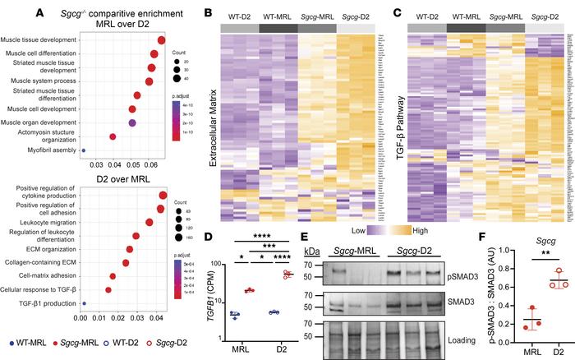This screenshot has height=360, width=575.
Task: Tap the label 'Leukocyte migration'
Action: [70, 244]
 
